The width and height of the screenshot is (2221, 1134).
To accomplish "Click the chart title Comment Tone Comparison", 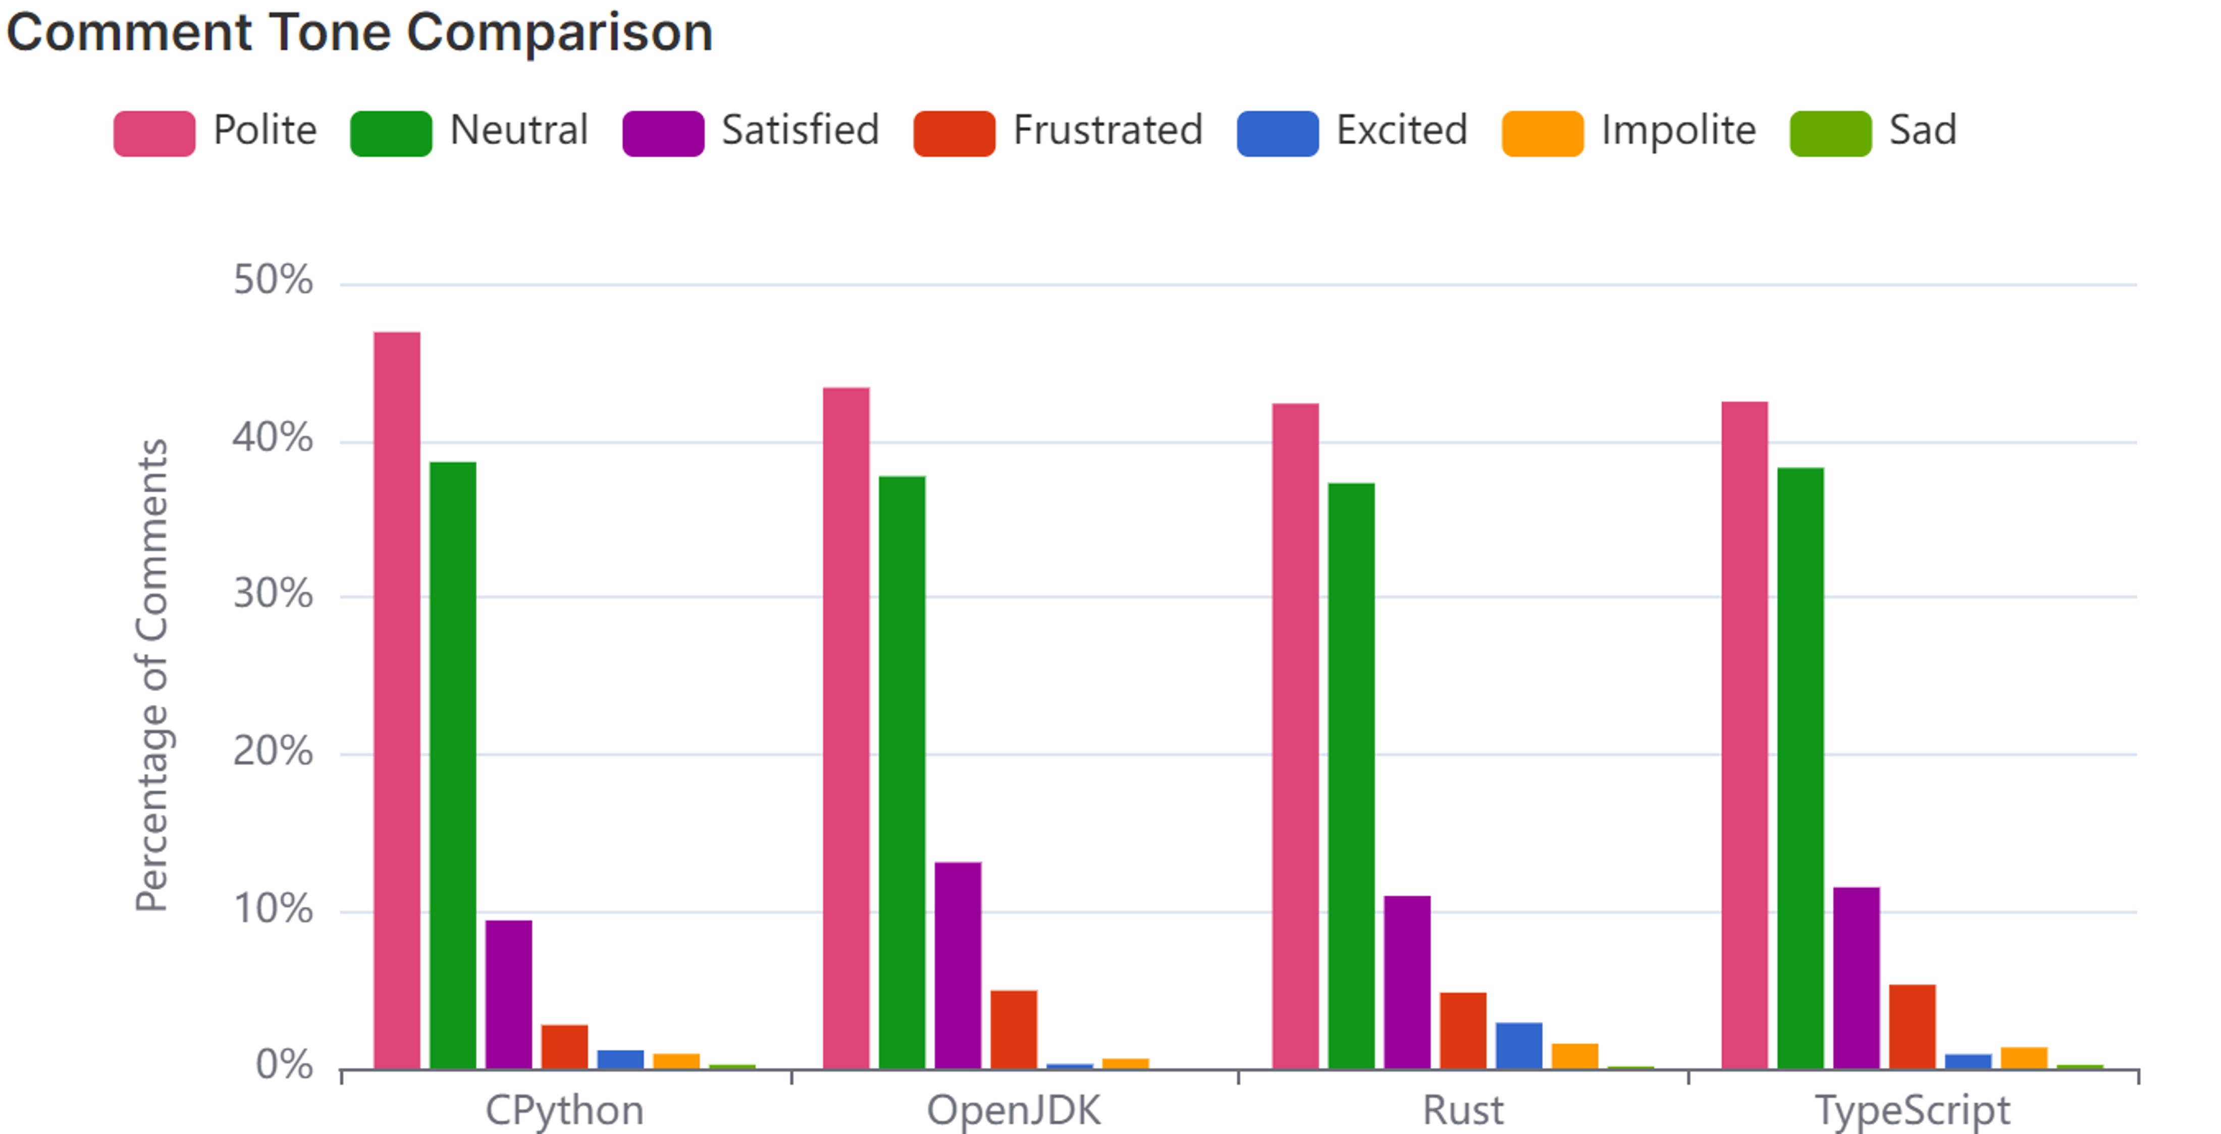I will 359,33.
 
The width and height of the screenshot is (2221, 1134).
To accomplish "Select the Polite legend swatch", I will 154,134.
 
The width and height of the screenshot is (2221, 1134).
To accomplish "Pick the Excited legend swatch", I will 1277,134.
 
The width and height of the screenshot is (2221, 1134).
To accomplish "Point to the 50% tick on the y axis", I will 273,281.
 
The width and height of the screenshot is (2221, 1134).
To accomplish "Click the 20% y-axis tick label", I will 273,752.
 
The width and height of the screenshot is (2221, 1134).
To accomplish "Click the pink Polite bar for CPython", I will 397,700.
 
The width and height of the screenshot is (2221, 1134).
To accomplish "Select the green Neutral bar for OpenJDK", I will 902,772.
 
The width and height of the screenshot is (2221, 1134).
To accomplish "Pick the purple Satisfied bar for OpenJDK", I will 958,965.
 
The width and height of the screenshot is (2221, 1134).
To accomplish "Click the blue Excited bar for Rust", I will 1518,1045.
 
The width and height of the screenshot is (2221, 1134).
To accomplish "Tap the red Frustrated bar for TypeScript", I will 1913,1026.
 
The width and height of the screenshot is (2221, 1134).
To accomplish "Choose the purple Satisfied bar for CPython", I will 509,994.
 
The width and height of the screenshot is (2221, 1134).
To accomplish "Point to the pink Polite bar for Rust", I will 1295,736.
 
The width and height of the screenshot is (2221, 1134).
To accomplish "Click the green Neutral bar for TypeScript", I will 1800,768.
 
